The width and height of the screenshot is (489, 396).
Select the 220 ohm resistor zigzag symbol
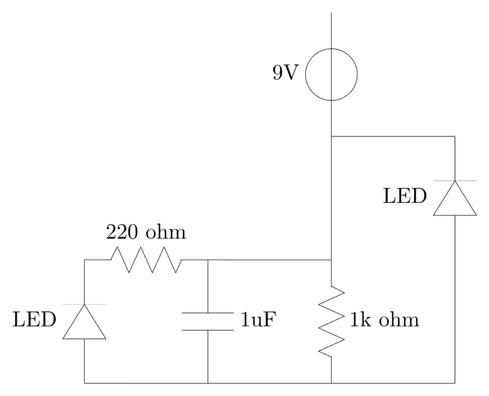(146, 260)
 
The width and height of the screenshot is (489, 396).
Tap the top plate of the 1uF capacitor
(208, 313)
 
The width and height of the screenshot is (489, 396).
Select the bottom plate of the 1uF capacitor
(208, 330)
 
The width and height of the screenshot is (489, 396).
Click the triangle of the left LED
(84, 323)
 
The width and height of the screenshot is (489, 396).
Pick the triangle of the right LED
(454, 199)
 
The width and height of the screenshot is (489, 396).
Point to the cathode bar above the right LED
(454, 180)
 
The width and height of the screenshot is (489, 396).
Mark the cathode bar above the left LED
(84, 304)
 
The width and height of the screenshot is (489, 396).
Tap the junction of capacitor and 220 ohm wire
(208, 260)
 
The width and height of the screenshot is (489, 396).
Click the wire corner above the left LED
(84, 260)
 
